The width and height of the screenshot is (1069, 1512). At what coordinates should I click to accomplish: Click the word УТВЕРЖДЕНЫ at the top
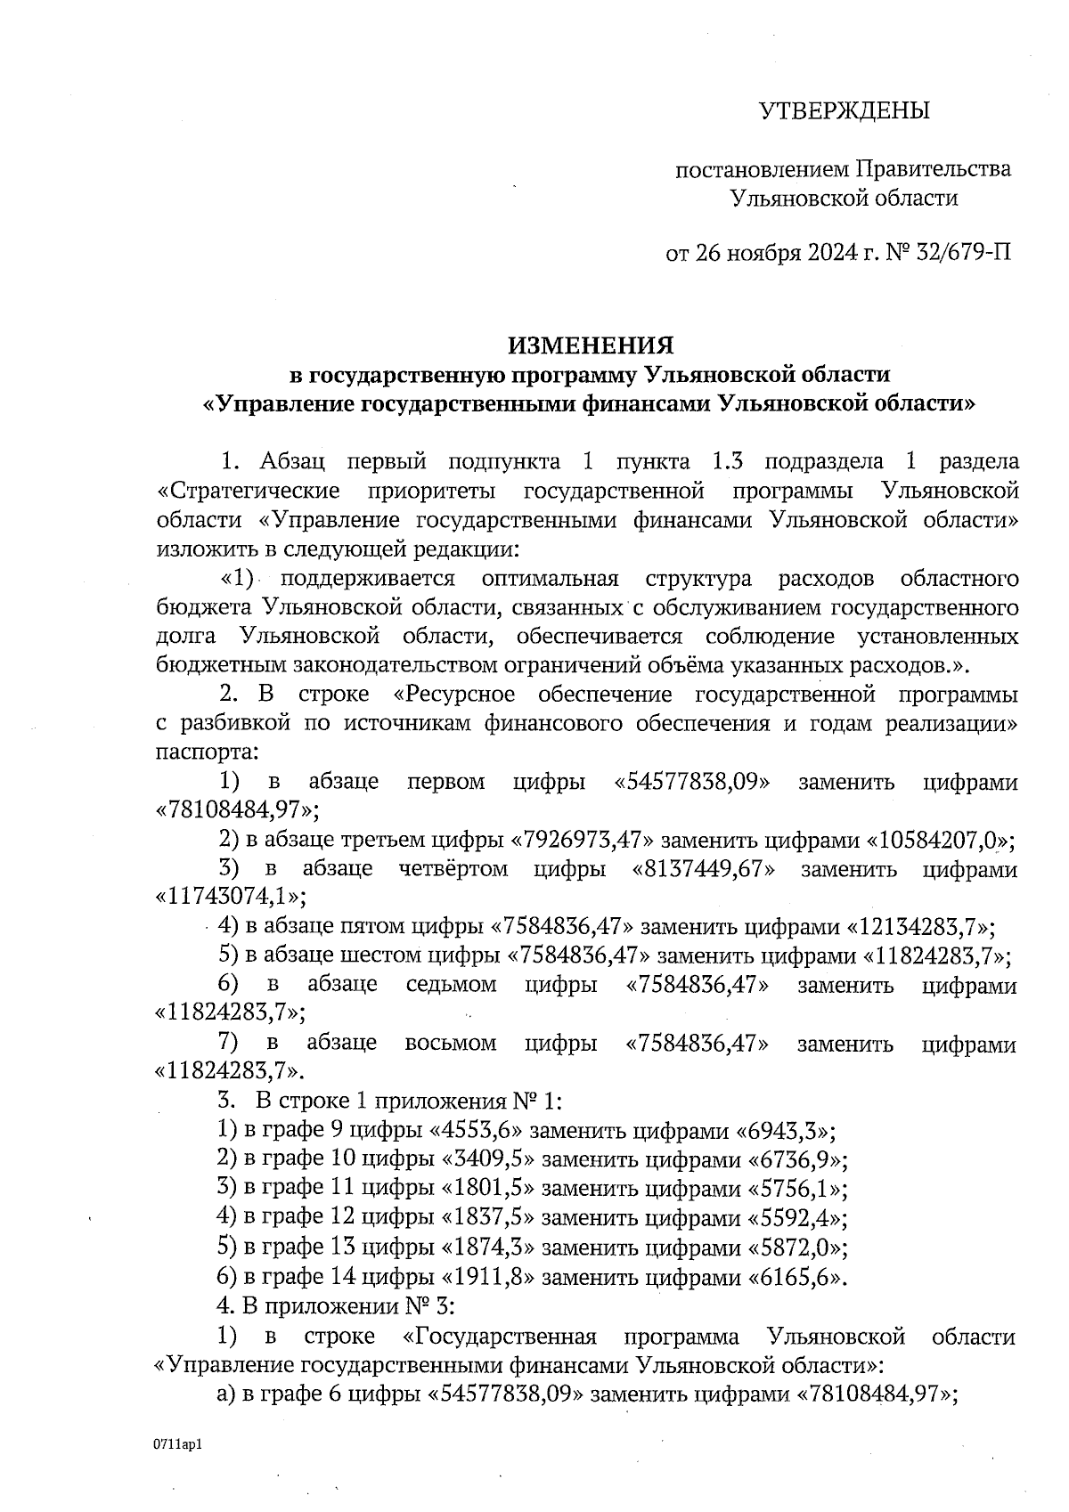click(843, 110)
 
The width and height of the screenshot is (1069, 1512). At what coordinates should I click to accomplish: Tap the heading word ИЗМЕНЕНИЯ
click(591, 345)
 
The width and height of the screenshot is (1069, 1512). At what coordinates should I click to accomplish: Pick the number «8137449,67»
click(702, 868)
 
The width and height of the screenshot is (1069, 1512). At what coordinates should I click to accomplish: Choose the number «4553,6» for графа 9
click(482, 1132)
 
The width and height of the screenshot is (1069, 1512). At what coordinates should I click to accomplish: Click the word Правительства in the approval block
click(934, 168)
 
